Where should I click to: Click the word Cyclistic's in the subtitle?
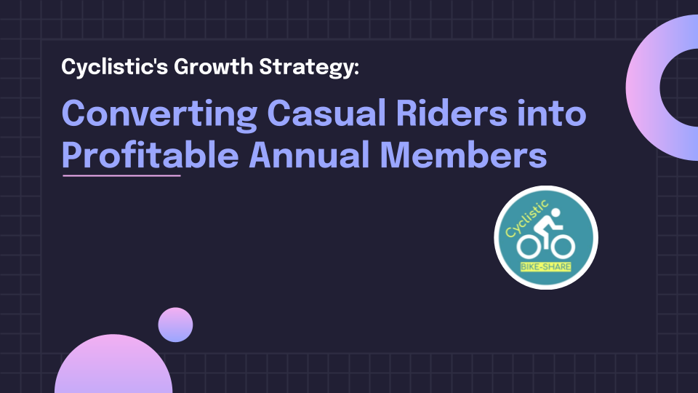click(x=115, y=67)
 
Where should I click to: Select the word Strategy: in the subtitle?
click(x=309, y=67)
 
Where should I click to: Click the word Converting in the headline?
click(x=160, y=115)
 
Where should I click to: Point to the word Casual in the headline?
click(x=326, y=114)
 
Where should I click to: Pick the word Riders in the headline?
click(x=452, y=114)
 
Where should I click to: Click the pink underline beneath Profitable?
click(x=121, y=175)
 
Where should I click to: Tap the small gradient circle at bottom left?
click(x=175, y=325)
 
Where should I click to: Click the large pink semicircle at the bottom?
click(x=113, y=365)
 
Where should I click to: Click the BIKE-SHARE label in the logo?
click(x=546, y=267)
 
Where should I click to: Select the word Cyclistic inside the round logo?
click(x=526, y=218)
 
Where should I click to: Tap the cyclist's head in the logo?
click(x=555, y=213)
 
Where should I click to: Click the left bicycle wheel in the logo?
click(x=529, y=247)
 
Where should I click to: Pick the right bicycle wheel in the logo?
click(x=563, y=247)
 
